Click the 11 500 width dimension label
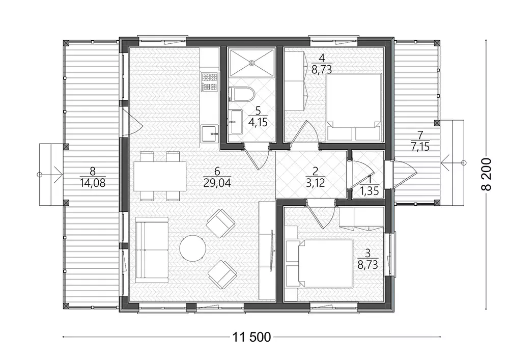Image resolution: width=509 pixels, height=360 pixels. pyautogui.click(x=251, y=337)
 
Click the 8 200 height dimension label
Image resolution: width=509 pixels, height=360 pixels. pyautogui.click(x=488, y=174)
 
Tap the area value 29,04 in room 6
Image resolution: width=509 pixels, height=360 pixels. pyautogui.click(x=217, y=183)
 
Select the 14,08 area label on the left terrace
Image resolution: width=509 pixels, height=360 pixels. pyautogui.click(x=93, y=183)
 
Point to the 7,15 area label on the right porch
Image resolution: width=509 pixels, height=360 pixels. pyautogui.click(x=420, y=147)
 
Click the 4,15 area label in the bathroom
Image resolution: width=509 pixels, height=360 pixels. pyautogui.click(x=258, y=123)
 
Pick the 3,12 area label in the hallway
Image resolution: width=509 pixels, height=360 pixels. pyautogui.click(x=315, y=183)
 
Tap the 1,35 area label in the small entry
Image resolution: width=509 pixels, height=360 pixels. pyautogui.click(x=370, y=190)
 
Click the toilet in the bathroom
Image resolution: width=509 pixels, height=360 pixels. pyautogui.click(x=242, y=94)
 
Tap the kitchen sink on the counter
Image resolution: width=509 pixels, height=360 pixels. pyautogui.click(x=209, y=133)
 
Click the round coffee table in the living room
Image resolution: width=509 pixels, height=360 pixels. pyautogui.click(x=192, y=248)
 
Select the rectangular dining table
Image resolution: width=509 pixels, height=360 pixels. pyautogui.click(x=160, y=176)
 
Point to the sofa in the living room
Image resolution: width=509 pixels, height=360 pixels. pyautogui.click(x=152, y=250)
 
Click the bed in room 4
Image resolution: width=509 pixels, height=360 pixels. pyautogui.click(x=353, y=107)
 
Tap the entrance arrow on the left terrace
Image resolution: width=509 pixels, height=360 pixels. pyautogui.click(x=50, y=174)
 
